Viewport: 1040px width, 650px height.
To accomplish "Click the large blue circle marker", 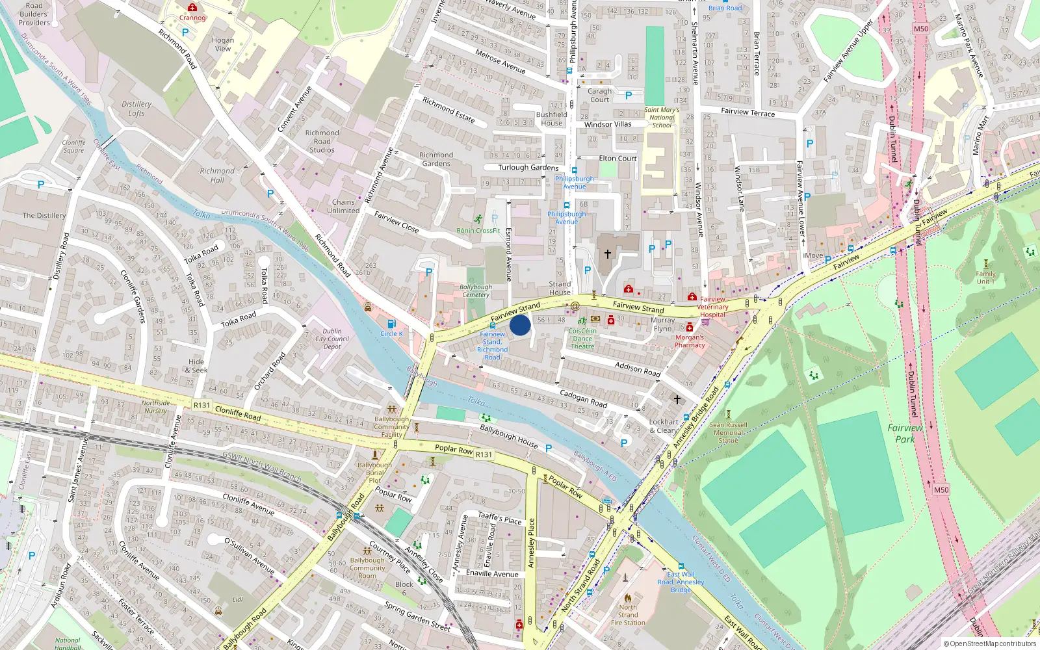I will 520,324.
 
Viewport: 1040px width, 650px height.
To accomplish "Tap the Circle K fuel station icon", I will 391,324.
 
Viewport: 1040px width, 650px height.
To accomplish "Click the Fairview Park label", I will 905,434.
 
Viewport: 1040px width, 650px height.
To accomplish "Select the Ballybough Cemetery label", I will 476,291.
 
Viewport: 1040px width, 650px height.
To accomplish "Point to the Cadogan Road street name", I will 583,398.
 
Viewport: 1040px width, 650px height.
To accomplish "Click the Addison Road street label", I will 638,369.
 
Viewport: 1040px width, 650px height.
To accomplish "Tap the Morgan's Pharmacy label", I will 690,341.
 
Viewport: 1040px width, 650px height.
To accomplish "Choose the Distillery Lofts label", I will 136,109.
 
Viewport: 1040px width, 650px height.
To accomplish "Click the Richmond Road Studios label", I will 322,141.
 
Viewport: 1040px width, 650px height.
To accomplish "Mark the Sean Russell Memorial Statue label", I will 728,432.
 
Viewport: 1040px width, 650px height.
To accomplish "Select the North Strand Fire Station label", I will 628,614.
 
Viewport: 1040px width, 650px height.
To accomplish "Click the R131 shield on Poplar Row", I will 484,454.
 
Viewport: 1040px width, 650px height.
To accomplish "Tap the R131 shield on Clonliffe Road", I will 202,405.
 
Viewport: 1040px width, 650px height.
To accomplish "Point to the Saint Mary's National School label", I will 662,118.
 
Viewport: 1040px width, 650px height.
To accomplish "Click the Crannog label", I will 192,18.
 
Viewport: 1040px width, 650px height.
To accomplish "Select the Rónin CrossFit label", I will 478,230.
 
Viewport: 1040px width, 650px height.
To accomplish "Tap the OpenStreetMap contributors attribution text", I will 989,644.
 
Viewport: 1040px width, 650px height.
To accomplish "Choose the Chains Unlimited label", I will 343,206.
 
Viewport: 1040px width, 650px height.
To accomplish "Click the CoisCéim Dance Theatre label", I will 582,339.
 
